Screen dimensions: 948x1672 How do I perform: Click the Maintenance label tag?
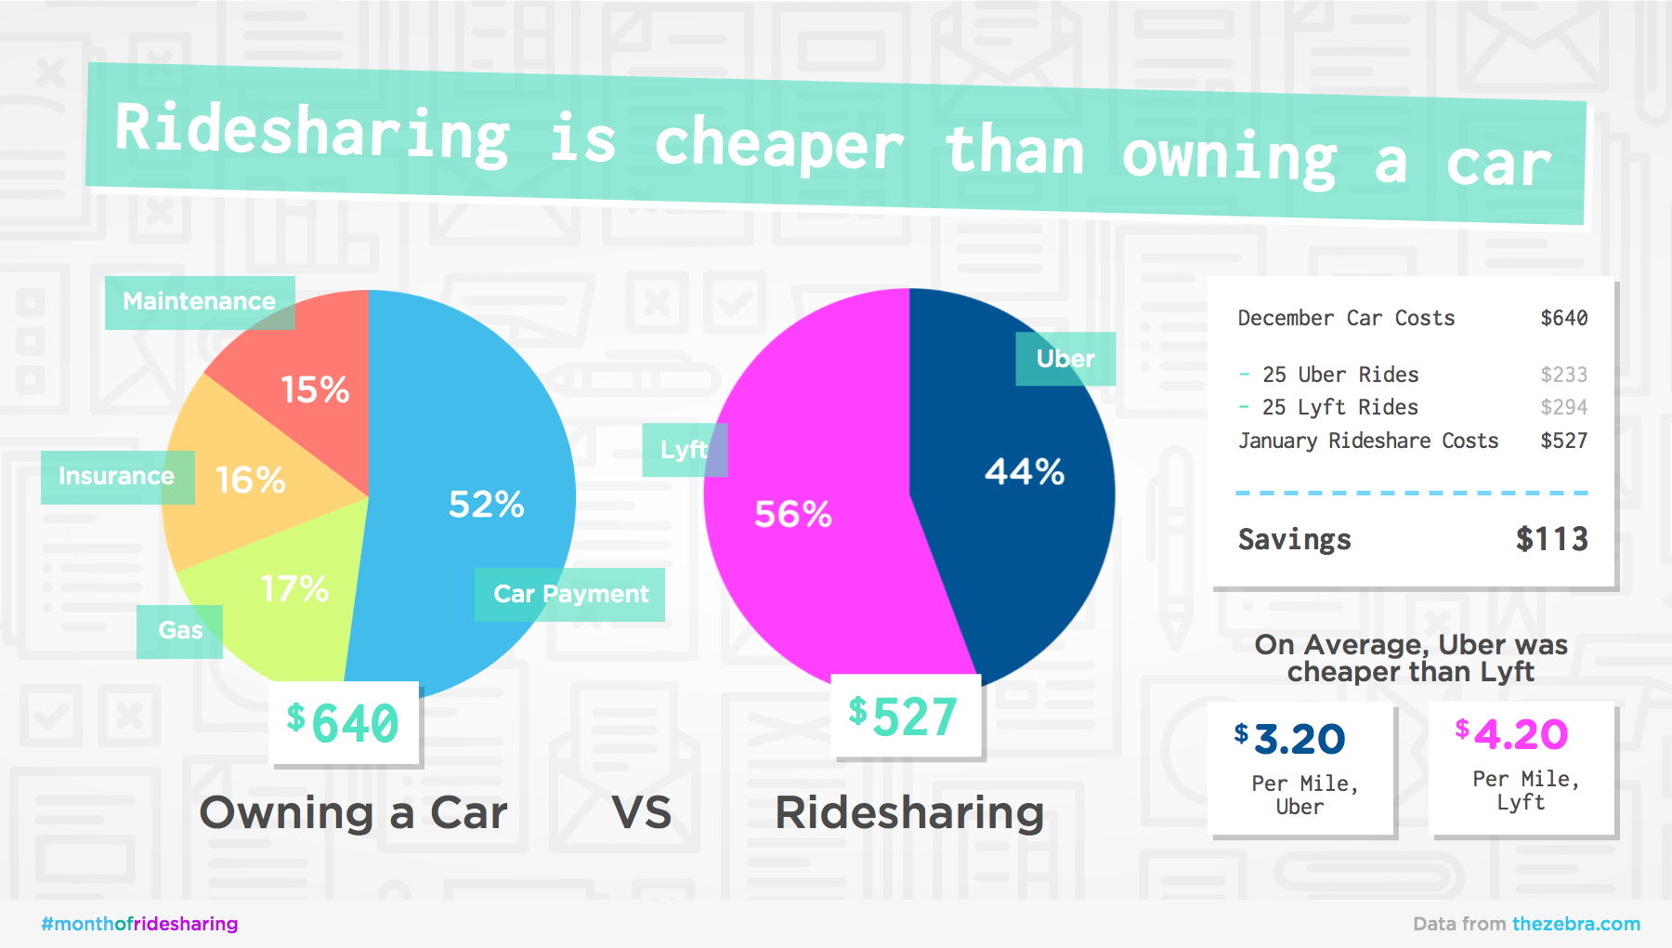[200, 302]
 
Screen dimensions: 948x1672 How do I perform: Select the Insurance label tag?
[117, 477]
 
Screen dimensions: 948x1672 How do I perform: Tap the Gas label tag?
[180, 631]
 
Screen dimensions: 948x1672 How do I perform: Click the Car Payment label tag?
[570, 594]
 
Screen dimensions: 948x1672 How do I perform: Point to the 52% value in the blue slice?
[486, 505]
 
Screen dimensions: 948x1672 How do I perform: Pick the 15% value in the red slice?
[315, 390]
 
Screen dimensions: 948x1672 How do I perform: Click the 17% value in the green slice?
[294, 589]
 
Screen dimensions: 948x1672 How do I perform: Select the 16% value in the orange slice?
[250, 481]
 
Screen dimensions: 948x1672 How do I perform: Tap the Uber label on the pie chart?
[1065, 359]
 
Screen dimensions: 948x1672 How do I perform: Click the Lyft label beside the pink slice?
[684, 450]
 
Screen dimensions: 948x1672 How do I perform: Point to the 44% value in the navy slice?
[1024, 472]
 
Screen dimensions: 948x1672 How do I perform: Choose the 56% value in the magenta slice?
[792, 514]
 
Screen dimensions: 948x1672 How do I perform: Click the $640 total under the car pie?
[344, 723]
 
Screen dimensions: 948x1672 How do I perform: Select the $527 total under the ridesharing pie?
[903, 717]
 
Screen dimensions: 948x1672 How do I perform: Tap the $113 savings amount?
[1551, 539]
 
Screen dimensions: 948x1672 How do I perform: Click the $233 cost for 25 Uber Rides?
[1563, 375]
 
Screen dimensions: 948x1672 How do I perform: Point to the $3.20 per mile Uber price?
[1291, 740]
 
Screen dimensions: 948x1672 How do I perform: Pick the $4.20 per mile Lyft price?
[1512, 735]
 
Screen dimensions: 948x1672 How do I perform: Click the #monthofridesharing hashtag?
[139, 924]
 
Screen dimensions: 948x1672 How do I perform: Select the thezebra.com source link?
[1575, 924]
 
